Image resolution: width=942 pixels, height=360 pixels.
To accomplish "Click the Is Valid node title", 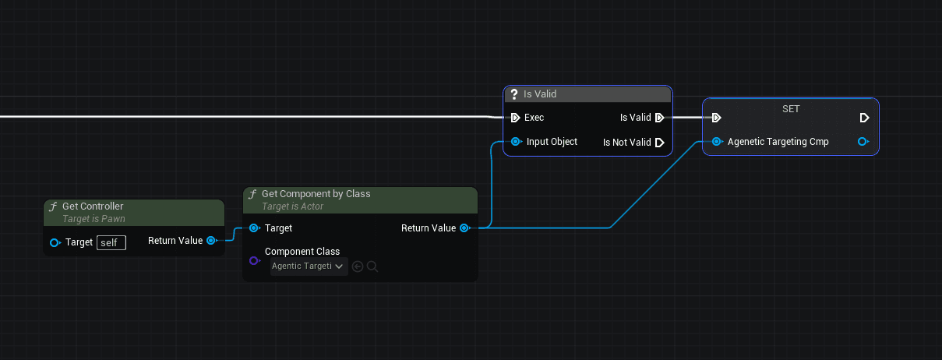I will (x=539, y=94).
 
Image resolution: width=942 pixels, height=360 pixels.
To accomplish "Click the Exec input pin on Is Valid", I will (x=515, y=118).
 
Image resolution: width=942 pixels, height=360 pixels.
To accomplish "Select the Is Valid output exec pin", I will (x=659, y=118).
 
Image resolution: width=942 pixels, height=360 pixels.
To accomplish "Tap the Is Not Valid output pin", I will (x=659, y=143).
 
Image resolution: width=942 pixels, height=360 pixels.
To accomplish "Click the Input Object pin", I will (x=516, y=142).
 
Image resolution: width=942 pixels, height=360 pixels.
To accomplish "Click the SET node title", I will (x=790, y=109).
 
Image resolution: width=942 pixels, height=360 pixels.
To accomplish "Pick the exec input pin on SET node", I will (x=716, y=118).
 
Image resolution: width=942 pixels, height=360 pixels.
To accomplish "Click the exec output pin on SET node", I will (x=864, y=118).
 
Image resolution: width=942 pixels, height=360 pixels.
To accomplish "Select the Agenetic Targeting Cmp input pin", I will (x=717, y=142).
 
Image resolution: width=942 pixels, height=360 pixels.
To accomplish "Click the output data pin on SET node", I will (x=863, y=142).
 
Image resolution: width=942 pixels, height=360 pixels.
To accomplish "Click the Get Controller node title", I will (x=93, y=206).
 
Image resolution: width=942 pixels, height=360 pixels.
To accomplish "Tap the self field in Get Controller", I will (x=111, y=242).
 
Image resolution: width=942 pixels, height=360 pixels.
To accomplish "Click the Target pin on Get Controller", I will (x=55, y=242).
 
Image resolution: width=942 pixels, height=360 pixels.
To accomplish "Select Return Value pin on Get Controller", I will (x=211, y=241).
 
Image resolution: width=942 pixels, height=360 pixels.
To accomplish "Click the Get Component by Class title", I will (x=316, y=193).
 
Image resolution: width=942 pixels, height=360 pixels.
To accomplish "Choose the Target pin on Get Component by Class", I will (x=254, y=228).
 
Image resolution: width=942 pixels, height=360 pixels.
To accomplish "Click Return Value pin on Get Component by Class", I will (x=464, y=228).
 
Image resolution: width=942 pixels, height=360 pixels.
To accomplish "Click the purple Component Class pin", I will (x=254, y=260).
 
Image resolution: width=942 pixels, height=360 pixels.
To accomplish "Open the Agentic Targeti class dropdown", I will (x=309, y=266).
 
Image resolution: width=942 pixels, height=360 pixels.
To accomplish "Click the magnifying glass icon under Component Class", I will (x=372, y=266).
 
